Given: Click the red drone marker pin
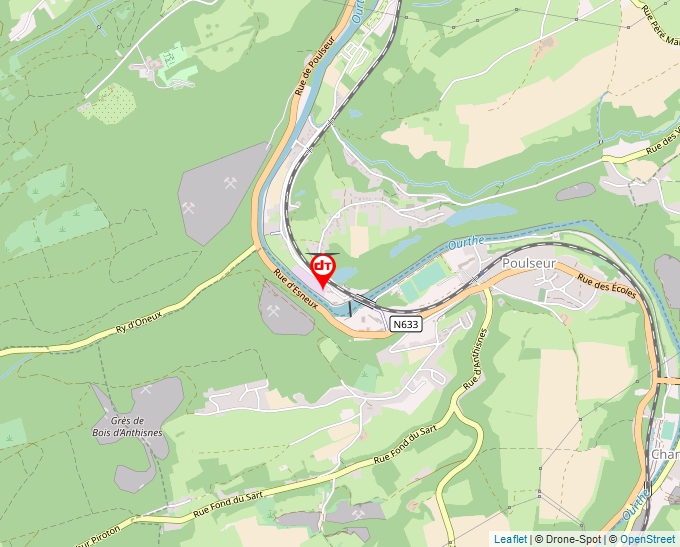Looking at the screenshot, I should (322, 270).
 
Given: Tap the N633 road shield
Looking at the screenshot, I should (405, 325).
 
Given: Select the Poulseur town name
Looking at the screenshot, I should (528, 262).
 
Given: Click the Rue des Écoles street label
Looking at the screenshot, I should (607, 287).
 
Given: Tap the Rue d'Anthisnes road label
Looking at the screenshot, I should (476, 358).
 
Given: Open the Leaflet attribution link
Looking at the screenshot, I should (510, 539).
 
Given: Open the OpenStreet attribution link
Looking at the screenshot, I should (647, 539).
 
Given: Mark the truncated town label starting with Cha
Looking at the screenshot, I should (664, 455).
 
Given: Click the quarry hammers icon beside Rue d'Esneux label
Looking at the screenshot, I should (273, 311).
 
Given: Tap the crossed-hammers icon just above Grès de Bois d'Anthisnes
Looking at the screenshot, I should (146, 390).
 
